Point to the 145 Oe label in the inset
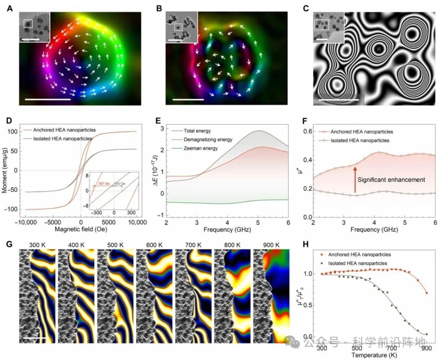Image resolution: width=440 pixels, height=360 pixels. [121, 183]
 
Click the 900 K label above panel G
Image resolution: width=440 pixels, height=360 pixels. [271, 245]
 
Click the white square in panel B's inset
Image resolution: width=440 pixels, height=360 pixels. [178, 27]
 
